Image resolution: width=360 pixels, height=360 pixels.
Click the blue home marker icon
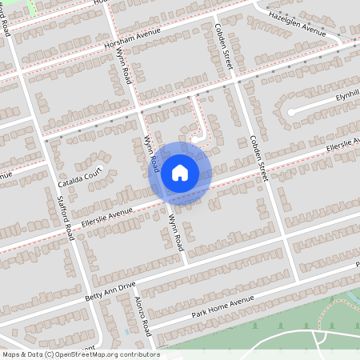point(180,172)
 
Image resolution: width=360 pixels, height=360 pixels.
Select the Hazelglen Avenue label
point(298,24)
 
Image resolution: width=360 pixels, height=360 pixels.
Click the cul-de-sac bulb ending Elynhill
point(293,111)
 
